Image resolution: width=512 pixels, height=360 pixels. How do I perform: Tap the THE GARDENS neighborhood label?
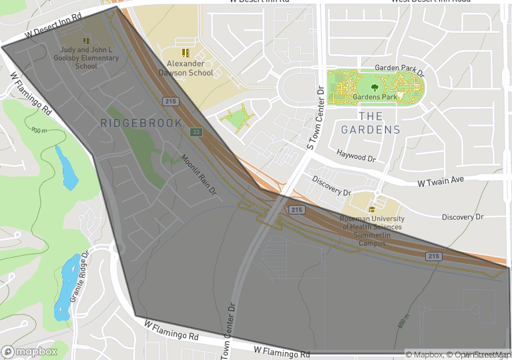point(370,123)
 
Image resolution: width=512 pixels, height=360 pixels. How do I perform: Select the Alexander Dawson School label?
point(190,68)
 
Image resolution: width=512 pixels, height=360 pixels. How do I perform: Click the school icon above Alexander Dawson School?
point(186,52)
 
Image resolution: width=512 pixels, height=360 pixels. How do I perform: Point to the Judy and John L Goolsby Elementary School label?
point(86,58)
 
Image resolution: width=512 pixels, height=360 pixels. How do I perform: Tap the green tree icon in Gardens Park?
point(374,85)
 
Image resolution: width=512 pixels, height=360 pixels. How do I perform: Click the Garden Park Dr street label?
point(395,68)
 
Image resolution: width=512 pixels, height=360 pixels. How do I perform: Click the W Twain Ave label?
point(440,182)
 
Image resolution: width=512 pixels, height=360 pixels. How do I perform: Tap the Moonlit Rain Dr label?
point(200,174)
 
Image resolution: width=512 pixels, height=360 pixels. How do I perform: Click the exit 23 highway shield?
point(196,132)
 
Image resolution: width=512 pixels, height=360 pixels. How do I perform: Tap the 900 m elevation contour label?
point(39,130)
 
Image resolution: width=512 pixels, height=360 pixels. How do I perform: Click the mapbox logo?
point(29,351)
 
